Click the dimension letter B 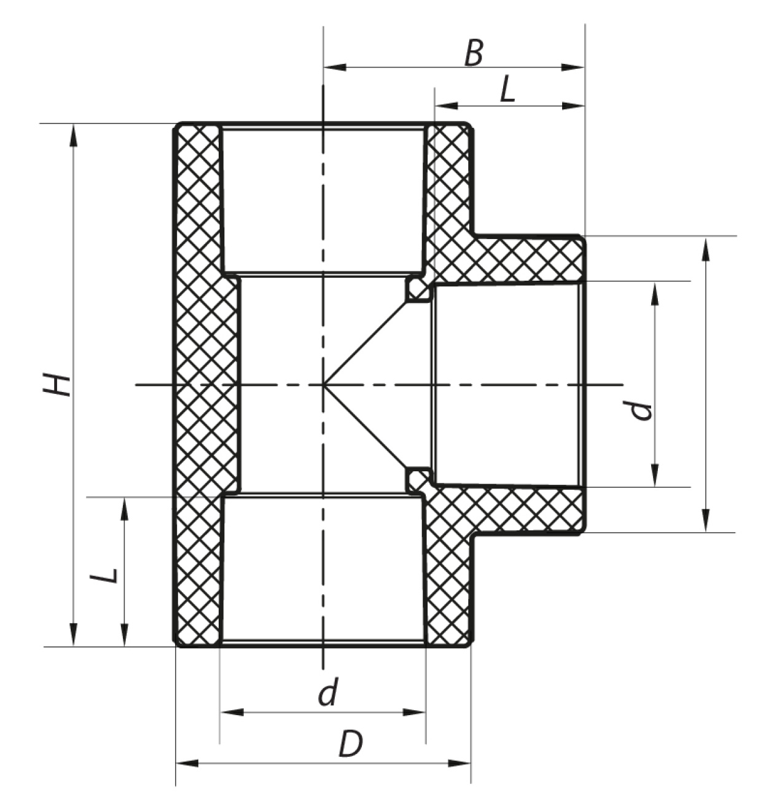473,53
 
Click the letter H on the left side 57,385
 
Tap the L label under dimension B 508,90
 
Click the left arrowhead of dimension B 335,67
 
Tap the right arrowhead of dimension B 574,67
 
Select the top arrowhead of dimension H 74,135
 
